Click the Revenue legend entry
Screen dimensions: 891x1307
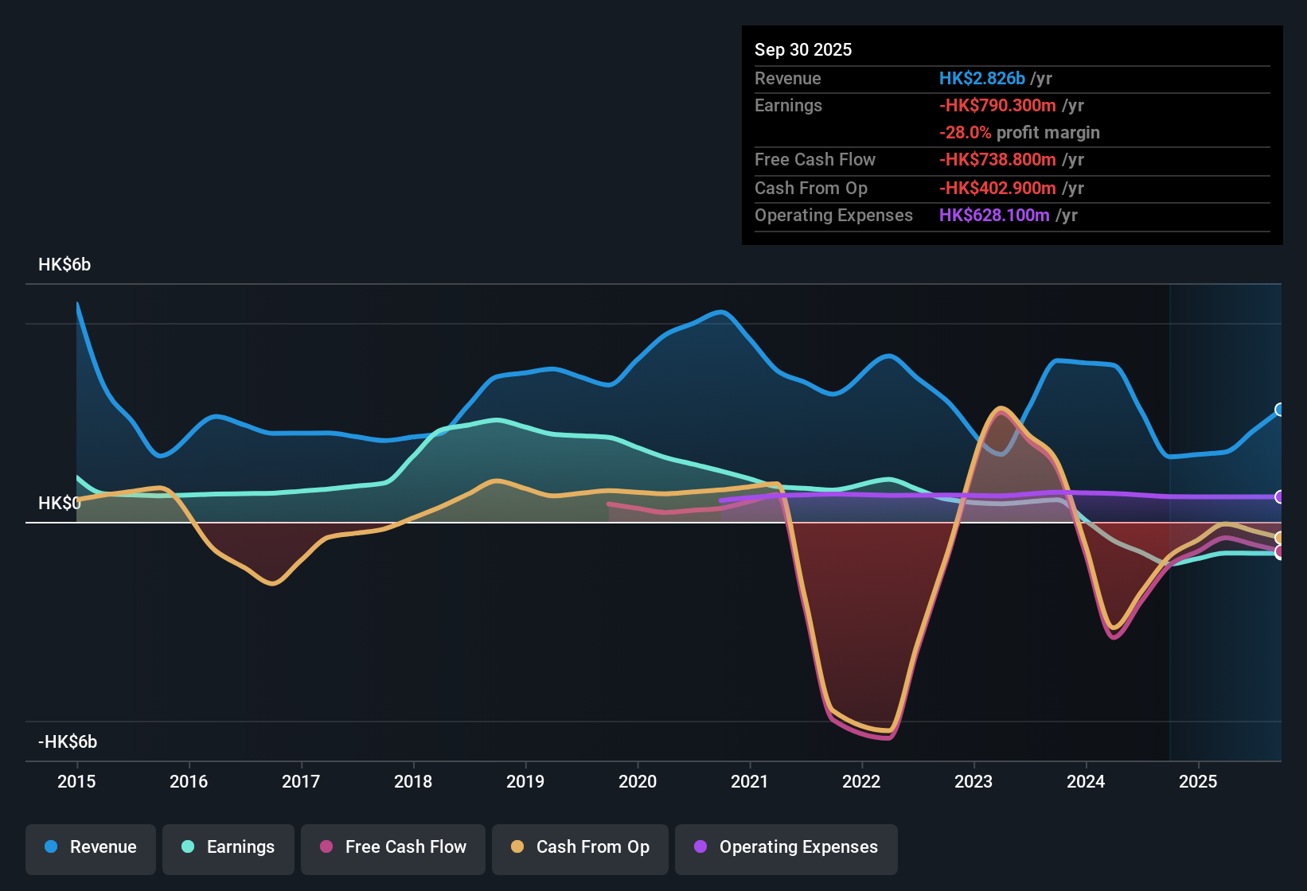coord(91,847)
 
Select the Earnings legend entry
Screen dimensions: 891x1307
coord(228,847)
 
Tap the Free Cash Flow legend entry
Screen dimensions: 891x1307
coord(393,847)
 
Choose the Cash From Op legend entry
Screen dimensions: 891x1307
coord(580,847)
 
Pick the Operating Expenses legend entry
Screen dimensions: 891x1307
coord(786,847)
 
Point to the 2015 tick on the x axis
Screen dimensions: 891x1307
coord(76,781)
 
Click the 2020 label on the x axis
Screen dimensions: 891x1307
coord(638,781)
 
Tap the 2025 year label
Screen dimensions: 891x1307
coord(1198,781)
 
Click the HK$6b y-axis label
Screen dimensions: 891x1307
coord(64,265)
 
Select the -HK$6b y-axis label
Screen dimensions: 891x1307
coord(68,742)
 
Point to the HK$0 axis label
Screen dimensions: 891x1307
coord(60,504)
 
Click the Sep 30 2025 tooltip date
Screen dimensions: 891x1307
coord(803,50)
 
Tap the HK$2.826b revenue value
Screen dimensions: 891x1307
coord(981,79)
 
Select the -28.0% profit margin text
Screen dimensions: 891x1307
coord(1019,133)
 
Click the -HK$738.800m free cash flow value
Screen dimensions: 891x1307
coord(997,160)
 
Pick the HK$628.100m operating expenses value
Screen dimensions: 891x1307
coord(994,216)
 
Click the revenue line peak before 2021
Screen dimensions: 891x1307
coord(721,312)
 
